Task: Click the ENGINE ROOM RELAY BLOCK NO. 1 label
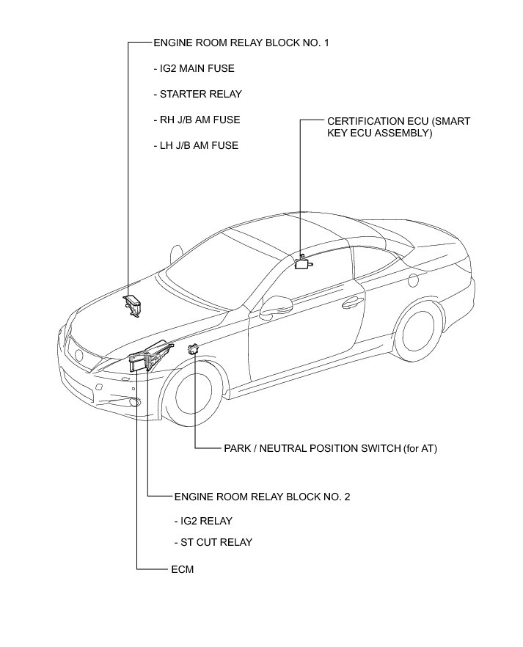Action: point(241,43)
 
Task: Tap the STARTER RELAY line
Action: point(197,94)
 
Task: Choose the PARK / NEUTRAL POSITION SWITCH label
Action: point(330,447)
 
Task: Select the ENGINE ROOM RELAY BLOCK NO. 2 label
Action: point(262,497)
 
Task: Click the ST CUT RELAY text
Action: point(213,542)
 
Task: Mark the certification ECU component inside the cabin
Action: point(301,263)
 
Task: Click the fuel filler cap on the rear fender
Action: point(414,280)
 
